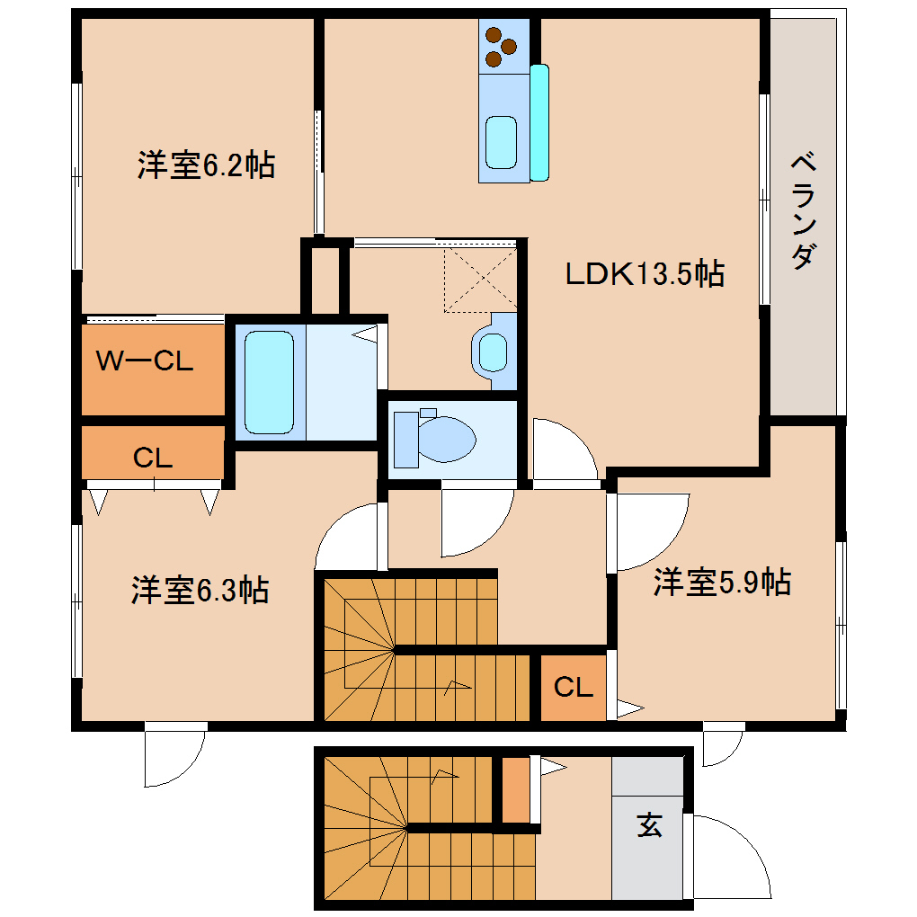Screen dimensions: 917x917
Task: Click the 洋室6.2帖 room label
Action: [x=206, y=165]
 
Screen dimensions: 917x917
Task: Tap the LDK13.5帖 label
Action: [x=644, y=273]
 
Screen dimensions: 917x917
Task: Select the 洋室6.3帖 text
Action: [x=200, y=591]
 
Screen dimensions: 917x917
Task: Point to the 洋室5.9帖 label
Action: [x=722, y=583]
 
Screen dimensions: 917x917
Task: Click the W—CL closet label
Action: [x=145, y=362]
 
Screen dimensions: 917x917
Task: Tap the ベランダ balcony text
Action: [x=805, y=212]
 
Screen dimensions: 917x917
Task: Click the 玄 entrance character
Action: [x=649, y=824]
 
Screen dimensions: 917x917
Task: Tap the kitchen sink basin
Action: [x=501, y=141]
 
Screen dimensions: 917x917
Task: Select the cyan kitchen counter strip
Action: [x=539, y=122]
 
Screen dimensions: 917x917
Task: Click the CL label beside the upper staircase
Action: [x=574, y=688]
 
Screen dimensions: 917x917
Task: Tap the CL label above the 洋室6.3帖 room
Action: [x=153, y=458]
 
